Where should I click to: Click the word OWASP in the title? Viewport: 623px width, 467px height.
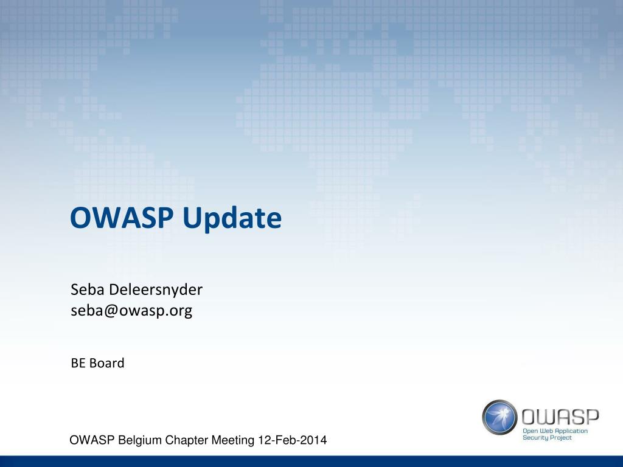coord(122,217)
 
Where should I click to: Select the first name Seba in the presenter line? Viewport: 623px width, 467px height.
coord(88,289)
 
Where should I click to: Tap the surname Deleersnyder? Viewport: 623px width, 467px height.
coord(156,290)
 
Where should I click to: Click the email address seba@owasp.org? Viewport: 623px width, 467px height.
coord(131,311)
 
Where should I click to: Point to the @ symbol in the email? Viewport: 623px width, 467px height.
coord(112,311)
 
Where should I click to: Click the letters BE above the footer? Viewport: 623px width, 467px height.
coord(78,363)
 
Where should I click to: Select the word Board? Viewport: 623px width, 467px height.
coord(107,363)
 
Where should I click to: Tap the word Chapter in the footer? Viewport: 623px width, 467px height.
coord(187,440)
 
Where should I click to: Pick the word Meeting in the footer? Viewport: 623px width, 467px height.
coord(233,440)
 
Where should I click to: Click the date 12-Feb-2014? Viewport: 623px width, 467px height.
coord(293,440)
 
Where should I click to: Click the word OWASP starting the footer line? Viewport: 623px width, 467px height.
coord(92,440)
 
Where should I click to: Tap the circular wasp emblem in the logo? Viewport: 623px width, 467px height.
coord(500,417)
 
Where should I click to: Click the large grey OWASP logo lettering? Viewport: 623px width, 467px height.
coord(560,417)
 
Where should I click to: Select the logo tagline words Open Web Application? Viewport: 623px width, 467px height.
coord(555,431)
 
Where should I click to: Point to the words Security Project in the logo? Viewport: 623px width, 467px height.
coord(547,438)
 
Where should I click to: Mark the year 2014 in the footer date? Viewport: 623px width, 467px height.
coord(314,440)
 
